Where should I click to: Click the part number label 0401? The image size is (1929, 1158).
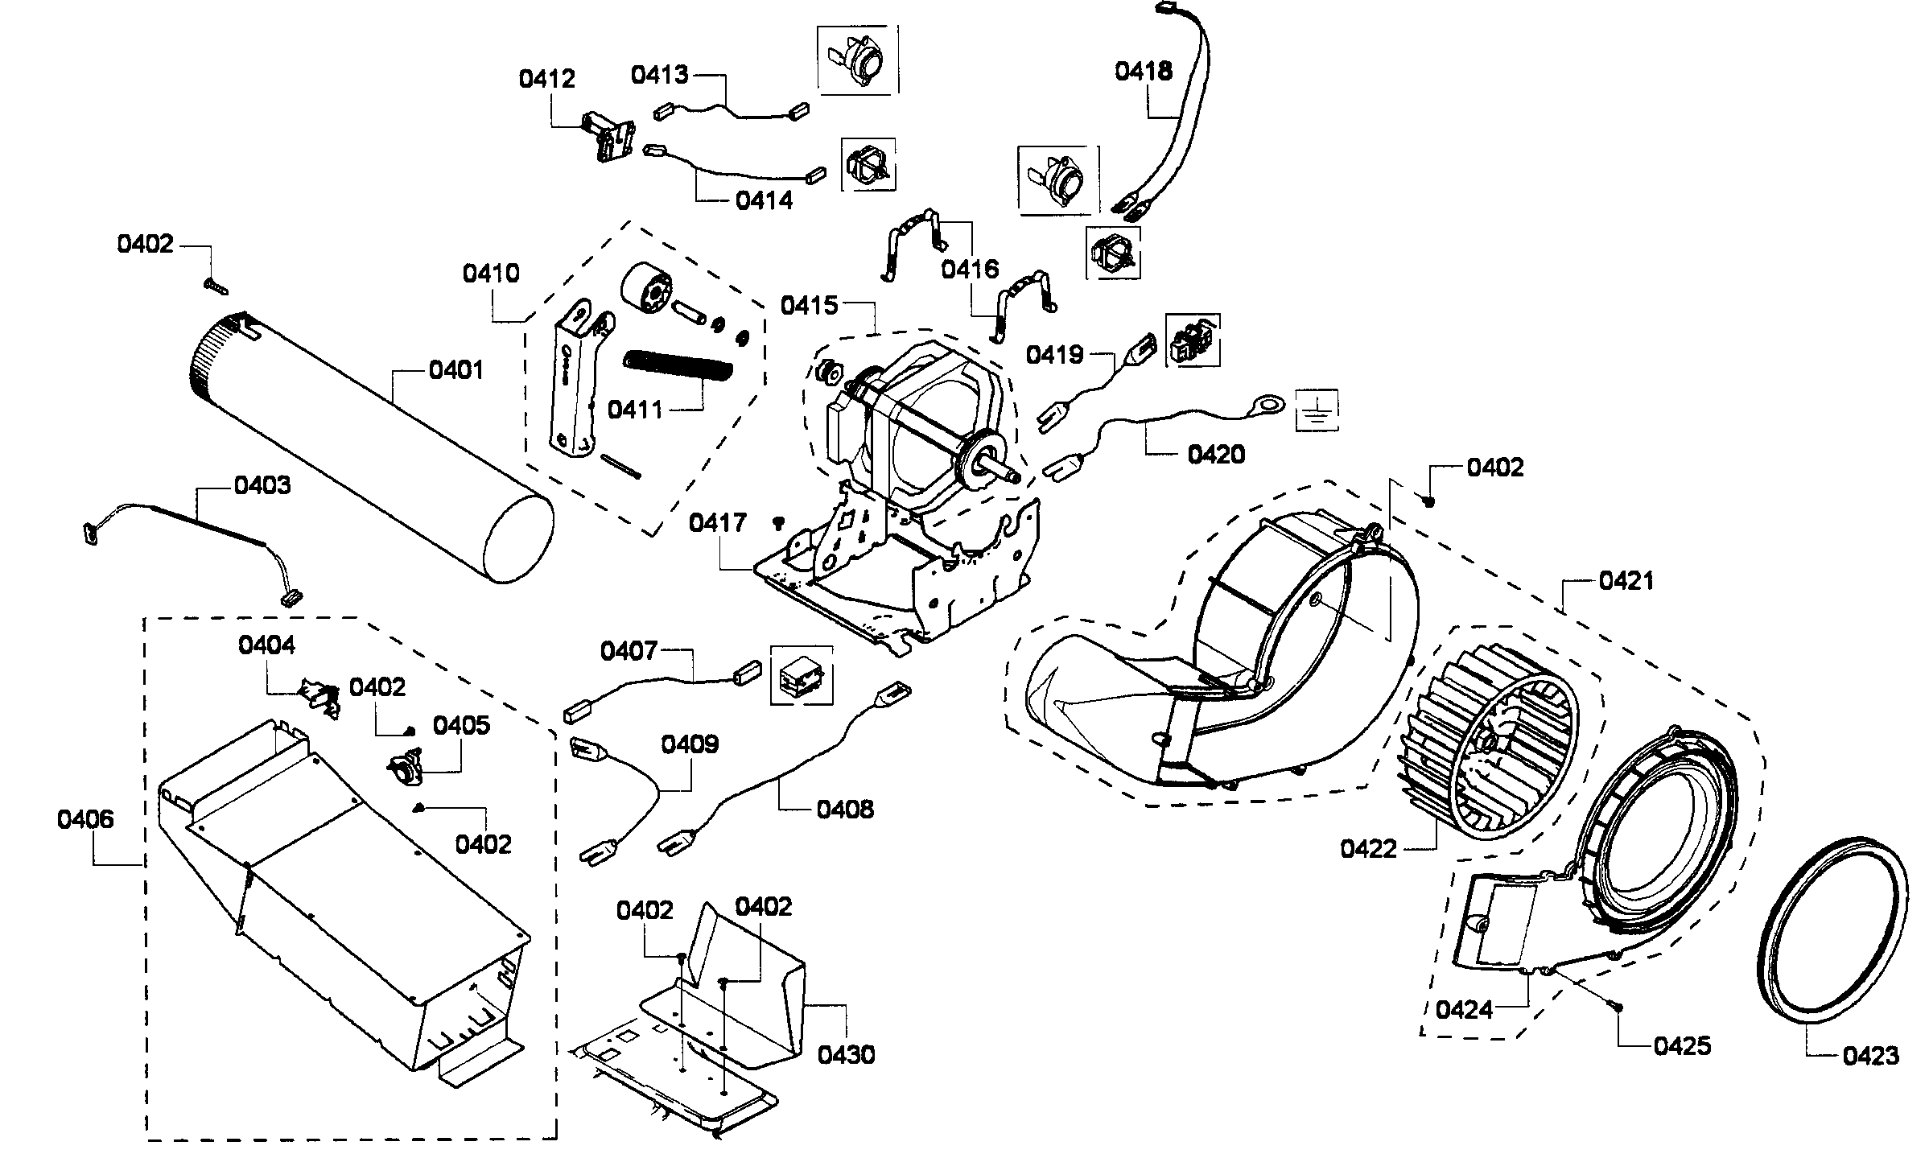tap(456, 370)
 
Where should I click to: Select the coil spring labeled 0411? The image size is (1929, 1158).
tap(679, 372)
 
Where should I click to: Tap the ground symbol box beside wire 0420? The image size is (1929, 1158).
tap(1317, 411)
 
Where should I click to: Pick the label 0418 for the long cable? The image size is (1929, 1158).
tap(1143, 71)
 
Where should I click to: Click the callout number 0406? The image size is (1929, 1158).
tap(85, 819)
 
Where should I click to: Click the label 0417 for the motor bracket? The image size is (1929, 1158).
tap(718, 523)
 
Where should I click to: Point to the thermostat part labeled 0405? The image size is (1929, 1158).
tap(406, 761)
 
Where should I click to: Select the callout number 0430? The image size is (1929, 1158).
tap(846, 1054)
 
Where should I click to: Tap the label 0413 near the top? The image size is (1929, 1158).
tap(659, 75)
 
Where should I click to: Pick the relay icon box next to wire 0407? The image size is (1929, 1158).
tap(802, 674)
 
